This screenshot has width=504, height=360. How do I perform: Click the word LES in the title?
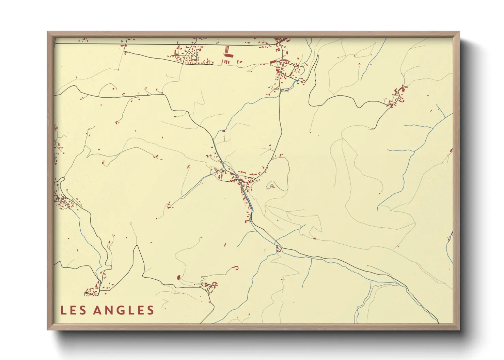[73, 310]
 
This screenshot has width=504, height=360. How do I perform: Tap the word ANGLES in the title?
[124, 310]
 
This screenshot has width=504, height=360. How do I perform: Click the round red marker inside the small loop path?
[272, 186]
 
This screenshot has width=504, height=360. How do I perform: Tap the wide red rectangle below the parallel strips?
[229, 55]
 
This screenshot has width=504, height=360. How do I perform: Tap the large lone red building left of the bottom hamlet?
[178, 278]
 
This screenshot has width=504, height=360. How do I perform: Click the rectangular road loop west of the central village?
[226, 176]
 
